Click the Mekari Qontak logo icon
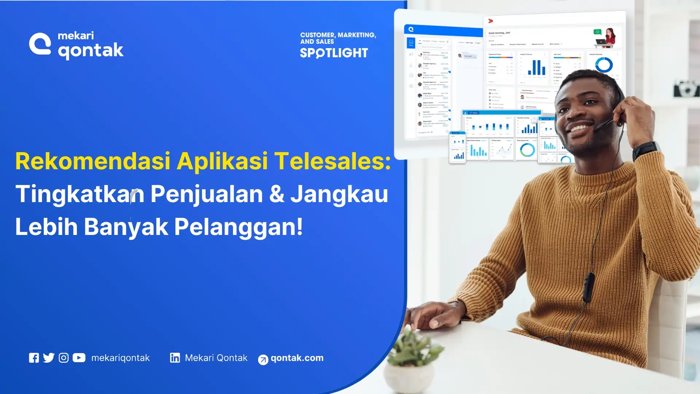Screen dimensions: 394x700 pos(40,44)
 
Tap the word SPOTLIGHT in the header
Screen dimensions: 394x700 pos(334,53)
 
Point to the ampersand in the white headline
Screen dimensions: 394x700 pos(276,194)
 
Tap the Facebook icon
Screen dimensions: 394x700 pos(34,358)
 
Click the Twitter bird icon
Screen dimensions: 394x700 pos(48,358)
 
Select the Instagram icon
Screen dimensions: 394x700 pos(63,358)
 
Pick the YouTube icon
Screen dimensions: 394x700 pos(79,358)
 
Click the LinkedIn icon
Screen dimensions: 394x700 pos(175,358)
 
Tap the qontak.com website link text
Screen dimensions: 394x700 pos(297,358)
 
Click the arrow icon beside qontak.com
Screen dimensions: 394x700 pos(263,360)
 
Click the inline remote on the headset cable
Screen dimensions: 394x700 pos(588,286)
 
